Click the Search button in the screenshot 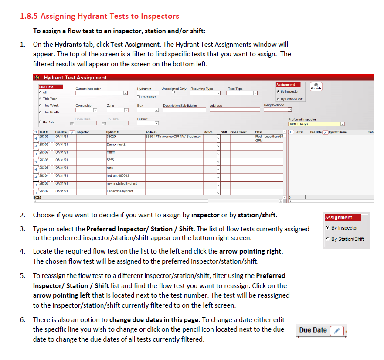(x=316, y=86)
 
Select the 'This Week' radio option (x=41, y=106)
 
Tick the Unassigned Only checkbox (x=173, y=92)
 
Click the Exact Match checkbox (x=138, y=97)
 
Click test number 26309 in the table (x=44, y=137)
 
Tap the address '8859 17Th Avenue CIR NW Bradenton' (x=173, y=137)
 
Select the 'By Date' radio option (x=41, y=122)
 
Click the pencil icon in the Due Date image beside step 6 (x=336, y=330)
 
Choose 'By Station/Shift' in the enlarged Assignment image (x=328, y=239)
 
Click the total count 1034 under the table (x=38, y=197)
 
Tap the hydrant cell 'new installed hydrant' (x=122, y=183)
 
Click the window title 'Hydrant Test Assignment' (x=75, y=78)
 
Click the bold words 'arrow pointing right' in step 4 (x=251, y=251)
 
